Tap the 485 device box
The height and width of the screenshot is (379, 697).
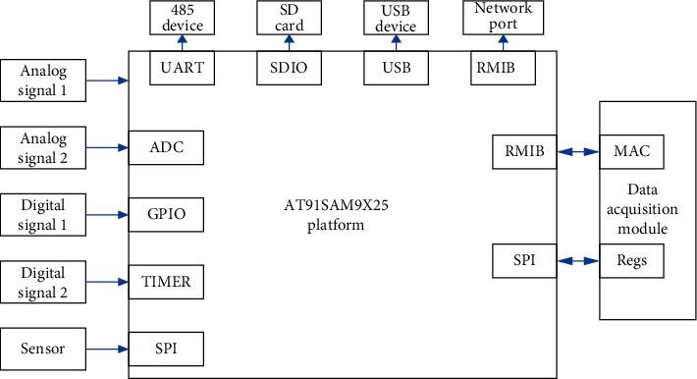[x=178, y=18]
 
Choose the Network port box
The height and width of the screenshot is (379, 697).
[x=503, y=18]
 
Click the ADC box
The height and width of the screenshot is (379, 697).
[x=166, y=149]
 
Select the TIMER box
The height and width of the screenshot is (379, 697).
[x=166, y=283]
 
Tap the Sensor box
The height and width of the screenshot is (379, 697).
[x=44, y=349]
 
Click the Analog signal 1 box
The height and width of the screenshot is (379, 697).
[x=44, y=81]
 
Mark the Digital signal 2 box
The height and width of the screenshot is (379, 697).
[x=44, y=283]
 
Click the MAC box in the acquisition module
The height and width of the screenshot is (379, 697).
[x=631, y=152]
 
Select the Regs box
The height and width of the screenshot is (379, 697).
[x=631, y=261]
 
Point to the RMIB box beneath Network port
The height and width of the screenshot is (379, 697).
[x=503, y=68]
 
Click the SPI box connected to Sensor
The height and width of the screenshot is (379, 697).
[x=166, y=349]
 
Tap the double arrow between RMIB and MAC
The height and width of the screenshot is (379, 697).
[x=579, y=152]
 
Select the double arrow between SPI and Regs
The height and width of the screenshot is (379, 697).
[x=579, y=261]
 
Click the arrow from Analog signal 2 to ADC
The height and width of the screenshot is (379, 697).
[x=109, y=149]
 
